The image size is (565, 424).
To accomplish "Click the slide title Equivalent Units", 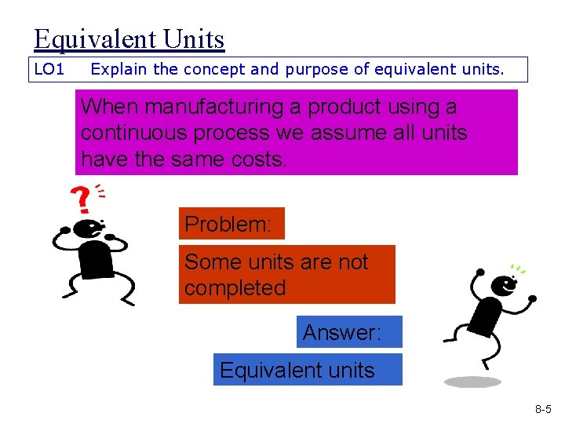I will pyautogui.click(x=129, y=39).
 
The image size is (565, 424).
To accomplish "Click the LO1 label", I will pyautogui.click(x=49, y=70).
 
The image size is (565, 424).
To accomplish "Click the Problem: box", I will pyautogui.click(x=231, y=224).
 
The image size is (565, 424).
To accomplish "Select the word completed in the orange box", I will pyautogui.click(x=235, y=288).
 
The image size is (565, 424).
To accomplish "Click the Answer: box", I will pyautogui.click(x=349, y=332).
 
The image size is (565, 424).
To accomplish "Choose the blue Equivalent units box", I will pyautogui.click(x=307, y=370).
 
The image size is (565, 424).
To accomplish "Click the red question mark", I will pyautogui.click(x=80, y=200).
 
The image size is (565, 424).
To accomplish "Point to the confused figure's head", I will pyautogui.click(x=88, y=230).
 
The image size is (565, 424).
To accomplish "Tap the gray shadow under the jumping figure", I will pyautogui.click(x=472, y=382).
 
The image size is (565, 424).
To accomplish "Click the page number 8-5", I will pyautogui.click(x=543, y=409).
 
